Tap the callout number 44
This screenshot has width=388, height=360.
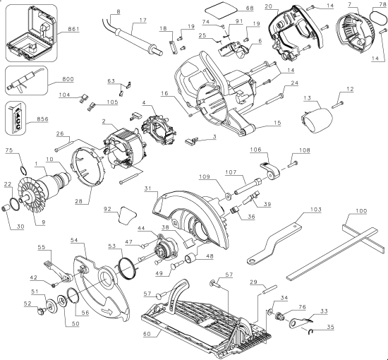click(141, 229)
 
